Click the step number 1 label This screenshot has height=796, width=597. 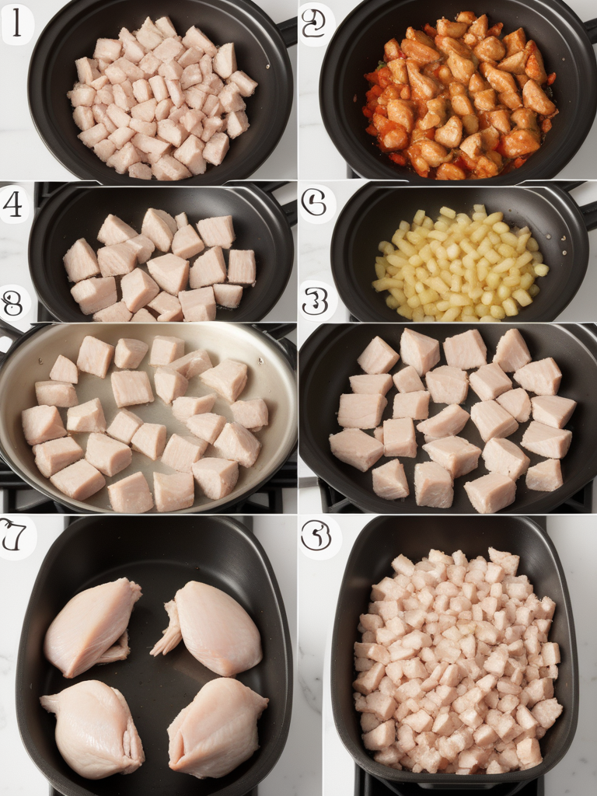coord(16,25)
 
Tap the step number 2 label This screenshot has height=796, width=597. coord(315,25)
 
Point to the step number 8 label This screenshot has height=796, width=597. coord(13,304)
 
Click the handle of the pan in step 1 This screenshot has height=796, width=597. coord(287,31)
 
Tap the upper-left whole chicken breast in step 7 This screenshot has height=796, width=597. coord(91,626)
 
